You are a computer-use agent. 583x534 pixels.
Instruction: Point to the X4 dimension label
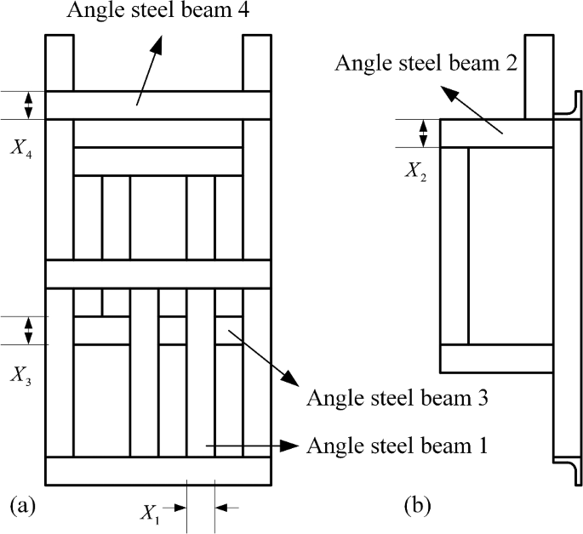[x=22, y=146]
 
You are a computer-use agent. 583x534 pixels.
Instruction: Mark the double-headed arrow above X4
[x=29, y=105]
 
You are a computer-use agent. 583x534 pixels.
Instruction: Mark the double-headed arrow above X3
[x=29, y=330]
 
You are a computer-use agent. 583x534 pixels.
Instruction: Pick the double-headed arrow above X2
[x=424, y=133]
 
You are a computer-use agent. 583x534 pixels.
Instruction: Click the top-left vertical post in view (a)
[x=60, y=62]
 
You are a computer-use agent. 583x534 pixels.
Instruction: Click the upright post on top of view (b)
[x=539, y=77]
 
